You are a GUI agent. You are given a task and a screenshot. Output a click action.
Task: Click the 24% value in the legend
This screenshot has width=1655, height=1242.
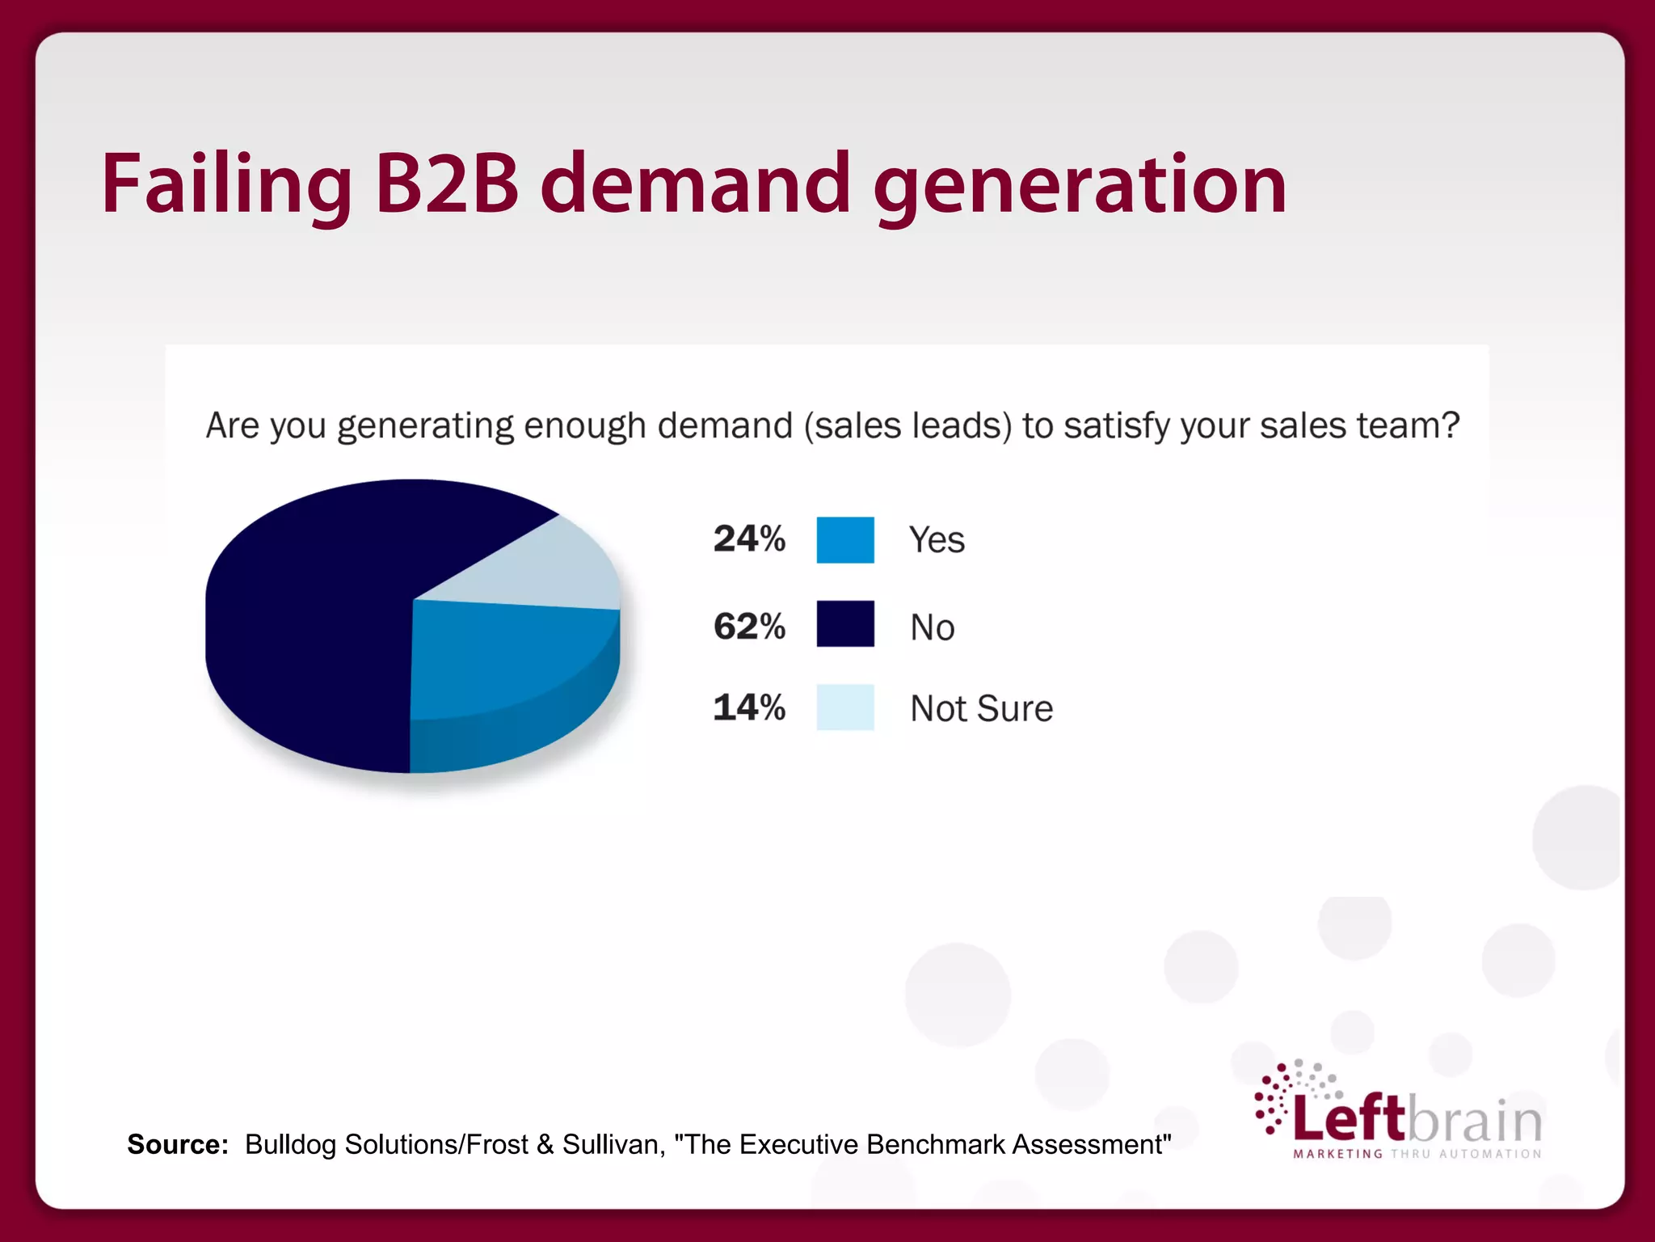pyautogui.click(x=749, y=539)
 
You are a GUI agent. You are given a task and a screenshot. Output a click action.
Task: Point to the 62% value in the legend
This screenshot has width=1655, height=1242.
pyautogui.click(x=749, y=626)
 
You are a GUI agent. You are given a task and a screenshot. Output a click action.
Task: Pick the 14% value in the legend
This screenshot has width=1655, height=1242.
pyautogui.click(x=749, y=708)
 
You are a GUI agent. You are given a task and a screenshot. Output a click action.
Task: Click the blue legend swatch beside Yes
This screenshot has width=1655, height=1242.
pyautogui.click(x=845, y=539)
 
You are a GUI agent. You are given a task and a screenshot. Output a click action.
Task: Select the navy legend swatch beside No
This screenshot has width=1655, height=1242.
pyautogui.click(x=845, y=623)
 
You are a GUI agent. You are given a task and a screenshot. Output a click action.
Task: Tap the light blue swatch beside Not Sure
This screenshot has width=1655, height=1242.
pyautogui.click(x=845, y=708)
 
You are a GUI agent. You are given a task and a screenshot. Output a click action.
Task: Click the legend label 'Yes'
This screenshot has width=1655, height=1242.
pyautogui.click(x=937, y=540)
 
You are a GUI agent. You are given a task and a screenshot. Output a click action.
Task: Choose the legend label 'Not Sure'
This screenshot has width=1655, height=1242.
pyautogui.click(x=981, y=708)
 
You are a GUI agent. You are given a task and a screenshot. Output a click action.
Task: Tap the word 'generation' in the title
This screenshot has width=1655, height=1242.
pyautogui.click(x=1080, y=186)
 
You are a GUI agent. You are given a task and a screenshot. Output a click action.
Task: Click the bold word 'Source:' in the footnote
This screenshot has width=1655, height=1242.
pyautogui.click(x=178, y=1144)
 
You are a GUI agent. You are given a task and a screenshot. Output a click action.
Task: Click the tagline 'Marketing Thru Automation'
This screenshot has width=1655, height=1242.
pyautogui.click(x=1417, y=1154)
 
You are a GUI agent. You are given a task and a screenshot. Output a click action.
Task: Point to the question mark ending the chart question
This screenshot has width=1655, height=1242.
pyautogui.click(x=1449, y=425)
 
